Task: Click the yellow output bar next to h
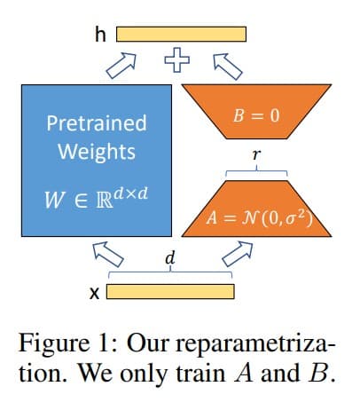(x=181, y=34)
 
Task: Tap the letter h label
(x=100, y=34)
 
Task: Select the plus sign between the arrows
(x=177, y=60)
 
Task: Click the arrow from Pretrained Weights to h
(x=121, y=66)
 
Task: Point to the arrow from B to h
(x=228, y=67)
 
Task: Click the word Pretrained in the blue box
(x=97, y=123)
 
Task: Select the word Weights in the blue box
(x=97, y=152)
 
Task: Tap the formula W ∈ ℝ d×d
(x=96, y=198)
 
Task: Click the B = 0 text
(x=256, y=115)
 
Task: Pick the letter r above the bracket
(x=256, y=154)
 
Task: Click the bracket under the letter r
(x=256, y=171)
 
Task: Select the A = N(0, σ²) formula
(x=259, y=218)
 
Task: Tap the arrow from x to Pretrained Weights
(x=108, y=254)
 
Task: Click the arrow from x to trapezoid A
(x=238, y=254)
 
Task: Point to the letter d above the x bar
(x=170, y=258)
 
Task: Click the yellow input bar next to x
(x=170, y=291)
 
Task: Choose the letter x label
(x=94, y=293)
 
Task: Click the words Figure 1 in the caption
(x=67, y=343)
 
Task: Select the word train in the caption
(x=202, y=373)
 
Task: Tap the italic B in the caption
(x=317, y=373)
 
